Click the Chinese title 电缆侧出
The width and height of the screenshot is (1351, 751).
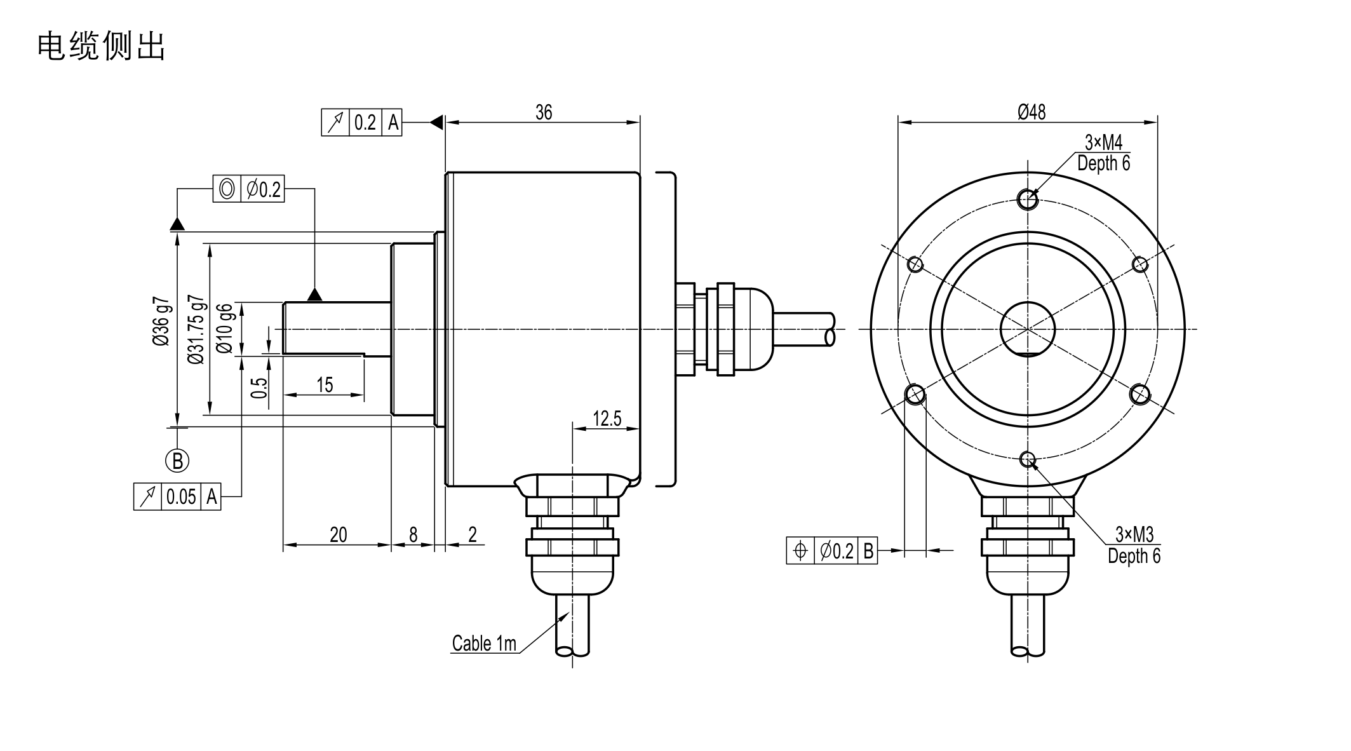tap(102, 47)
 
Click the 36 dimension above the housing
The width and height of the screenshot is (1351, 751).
tap(544, 112)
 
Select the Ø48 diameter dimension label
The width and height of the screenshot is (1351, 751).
tap(1032, 112)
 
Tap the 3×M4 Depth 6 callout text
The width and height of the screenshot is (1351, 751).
tap(1103, 153)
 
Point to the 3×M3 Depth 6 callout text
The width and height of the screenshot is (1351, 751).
tap(1134, 545)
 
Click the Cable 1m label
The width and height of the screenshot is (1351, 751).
tap(484, 644)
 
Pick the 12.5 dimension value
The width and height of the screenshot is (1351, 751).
tap(607, 419)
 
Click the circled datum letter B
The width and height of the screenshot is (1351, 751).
tap(178, 460)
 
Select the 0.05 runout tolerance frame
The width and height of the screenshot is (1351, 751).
tap(177, 496)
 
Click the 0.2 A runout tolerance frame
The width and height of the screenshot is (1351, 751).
tap(361, 122)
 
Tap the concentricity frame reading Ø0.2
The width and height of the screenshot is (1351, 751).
tap(248, 189)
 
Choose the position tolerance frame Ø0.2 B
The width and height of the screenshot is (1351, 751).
tap(831, 550)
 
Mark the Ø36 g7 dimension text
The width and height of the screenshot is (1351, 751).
tap(161, 321)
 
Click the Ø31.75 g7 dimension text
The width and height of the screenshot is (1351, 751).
tap(196, 329)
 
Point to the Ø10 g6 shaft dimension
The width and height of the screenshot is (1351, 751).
tap(225, 328)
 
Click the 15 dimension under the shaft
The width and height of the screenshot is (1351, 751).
tap(325, 385)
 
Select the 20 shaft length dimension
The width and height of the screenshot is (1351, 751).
tap(338, 535)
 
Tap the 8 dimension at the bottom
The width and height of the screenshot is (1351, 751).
tap(413, 535)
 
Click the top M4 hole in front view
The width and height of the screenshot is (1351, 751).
tap(1028, 200)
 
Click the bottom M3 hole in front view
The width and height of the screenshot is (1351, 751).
tap(1028, 458)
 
